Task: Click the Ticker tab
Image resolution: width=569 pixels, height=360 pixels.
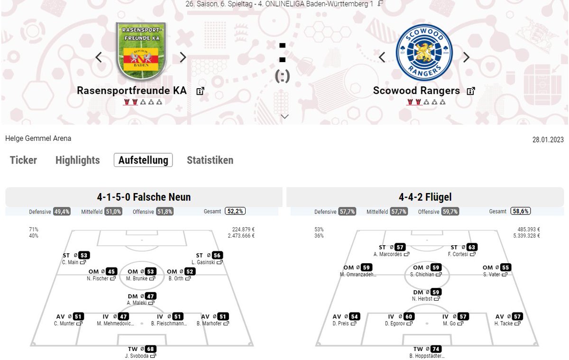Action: [x=23, y=160]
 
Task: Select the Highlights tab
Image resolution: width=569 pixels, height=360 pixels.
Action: [x=77, y=160]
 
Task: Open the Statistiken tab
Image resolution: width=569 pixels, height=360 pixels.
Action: [x=210, y=160]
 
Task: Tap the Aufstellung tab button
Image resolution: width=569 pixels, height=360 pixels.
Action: [x=143, y=160]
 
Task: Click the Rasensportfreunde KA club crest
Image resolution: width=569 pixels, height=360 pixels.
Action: [x=141, y=51]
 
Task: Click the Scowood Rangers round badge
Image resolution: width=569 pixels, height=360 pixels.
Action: [x=424, y=53]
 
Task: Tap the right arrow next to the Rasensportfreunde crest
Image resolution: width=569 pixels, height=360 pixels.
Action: [x=183, y=57]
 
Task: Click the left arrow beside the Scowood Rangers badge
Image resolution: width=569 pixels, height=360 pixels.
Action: [x=382, y=57]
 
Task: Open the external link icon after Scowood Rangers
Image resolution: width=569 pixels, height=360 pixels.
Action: [x=471, y=91]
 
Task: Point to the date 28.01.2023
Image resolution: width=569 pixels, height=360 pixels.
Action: [x=548, y=139]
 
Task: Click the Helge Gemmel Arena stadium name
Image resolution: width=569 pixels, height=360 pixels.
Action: [x=38, y=138]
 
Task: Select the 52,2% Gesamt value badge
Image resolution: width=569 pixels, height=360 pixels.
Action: [x=235, y=211]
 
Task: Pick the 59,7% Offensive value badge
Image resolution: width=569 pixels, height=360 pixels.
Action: [x=450, y=212]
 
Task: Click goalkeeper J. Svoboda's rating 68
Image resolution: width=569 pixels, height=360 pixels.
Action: [x=150, y=349]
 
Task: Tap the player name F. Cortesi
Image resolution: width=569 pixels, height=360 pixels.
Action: [x=458, y=254]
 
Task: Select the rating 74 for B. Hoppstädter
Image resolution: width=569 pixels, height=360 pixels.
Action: [x=436, y=349]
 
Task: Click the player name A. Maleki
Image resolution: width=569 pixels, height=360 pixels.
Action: [x=137, y=303]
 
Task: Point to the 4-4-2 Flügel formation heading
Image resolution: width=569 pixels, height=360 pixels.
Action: [x=425, y=197]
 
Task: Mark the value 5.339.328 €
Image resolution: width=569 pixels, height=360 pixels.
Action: [x=526, y=236]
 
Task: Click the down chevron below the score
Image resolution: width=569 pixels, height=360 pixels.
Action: [x=285, y=117]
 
